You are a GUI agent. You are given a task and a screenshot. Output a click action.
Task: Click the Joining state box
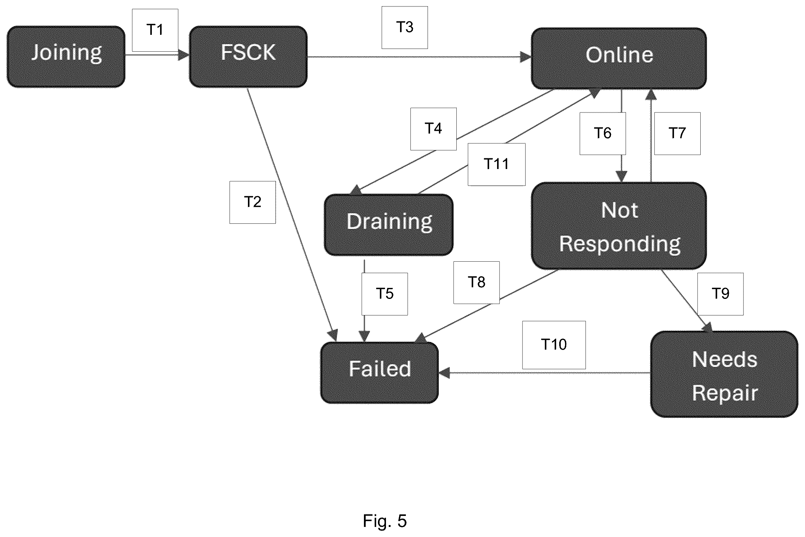coord(66,57)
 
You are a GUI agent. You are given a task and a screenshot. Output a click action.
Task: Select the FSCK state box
coord(248,57)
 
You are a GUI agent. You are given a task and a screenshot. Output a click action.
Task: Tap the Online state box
coord(619,58)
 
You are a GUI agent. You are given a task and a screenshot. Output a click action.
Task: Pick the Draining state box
coord(389,225)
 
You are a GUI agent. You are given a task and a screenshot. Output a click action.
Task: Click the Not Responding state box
coord(619,226)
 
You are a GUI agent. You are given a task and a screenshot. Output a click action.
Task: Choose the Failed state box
coord(379,373)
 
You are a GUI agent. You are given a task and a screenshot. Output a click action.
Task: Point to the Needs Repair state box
coord(724,374)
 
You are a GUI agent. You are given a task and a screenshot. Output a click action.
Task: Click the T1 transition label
coord(155,30)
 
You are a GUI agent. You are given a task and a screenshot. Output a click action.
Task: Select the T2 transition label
coord(253,202)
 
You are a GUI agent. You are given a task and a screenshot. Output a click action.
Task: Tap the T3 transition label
coord(405,28)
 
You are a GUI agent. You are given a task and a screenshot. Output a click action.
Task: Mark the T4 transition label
coord(433,129)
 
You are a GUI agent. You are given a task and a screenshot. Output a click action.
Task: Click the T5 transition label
coord(384,294)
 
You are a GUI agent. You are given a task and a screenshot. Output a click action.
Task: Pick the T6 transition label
coord(603,133)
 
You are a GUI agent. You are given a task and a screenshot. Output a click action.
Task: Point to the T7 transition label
coord(677,133)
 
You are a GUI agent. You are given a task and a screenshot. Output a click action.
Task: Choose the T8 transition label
coord(476,282)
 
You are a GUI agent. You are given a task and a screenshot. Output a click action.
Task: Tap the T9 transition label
coord(721,294)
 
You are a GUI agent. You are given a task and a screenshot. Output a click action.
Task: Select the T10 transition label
coord(554,345)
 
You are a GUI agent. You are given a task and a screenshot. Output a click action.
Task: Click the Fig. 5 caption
coord(385,521)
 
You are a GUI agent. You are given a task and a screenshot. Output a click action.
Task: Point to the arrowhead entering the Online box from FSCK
coord(526,57)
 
